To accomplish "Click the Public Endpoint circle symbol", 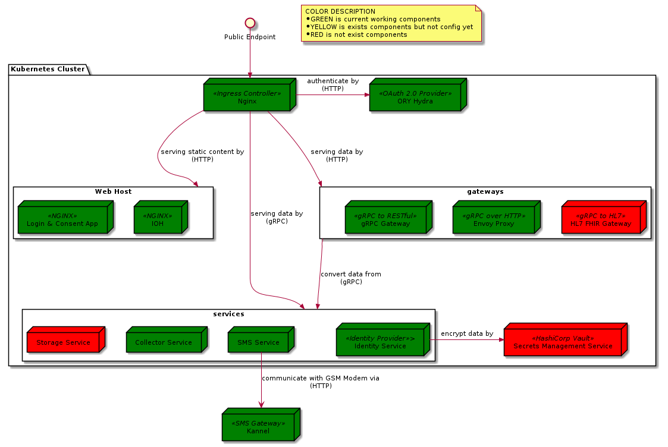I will [250, 23].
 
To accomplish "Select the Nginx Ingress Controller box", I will [247, 97].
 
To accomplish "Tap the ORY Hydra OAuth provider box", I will [415, 97].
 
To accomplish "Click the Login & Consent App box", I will [62, 220].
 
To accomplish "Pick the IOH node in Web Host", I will [158, 220].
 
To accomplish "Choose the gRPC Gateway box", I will [385, 220].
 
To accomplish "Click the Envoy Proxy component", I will [493, 220].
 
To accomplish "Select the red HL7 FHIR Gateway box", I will [601, 220].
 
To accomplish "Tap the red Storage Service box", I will [63, 342].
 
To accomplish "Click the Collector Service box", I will [163, 342].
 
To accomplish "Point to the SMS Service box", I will [258, 342].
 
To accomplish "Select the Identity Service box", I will [380, 342].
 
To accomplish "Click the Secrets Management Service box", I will [562, 342].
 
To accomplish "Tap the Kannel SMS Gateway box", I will [258, 427].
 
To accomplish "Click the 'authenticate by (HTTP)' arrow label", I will [333, 84].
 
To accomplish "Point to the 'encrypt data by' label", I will [467, 333].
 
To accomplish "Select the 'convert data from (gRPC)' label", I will [351, 278].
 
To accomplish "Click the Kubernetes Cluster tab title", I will [48, 69].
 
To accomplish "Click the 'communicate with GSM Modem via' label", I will [320, 378].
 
